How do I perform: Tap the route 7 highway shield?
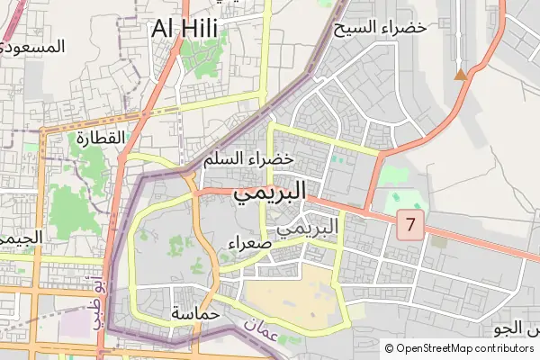(410, 226)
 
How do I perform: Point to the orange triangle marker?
(461, 74)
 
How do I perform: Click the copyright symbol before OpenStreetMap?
(389, 348)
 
